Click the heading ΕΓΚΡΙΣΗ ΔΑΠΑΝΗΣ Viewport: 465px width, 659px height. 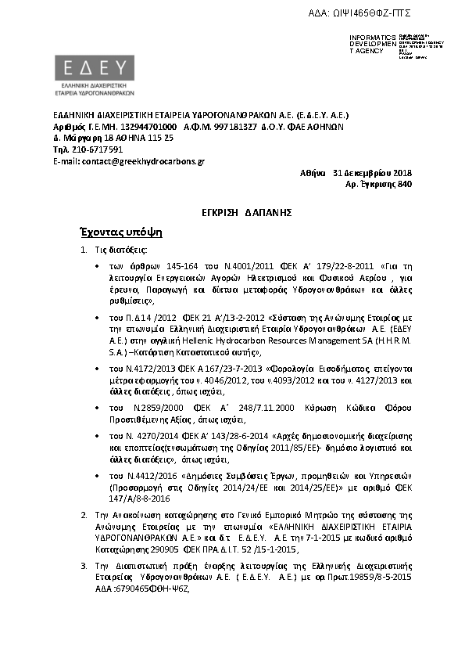coord(232,212)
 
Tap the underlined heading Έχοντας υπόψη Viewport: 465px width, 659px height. coord(120,232)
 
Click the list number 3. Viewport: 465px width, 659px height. coord(85,564)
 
